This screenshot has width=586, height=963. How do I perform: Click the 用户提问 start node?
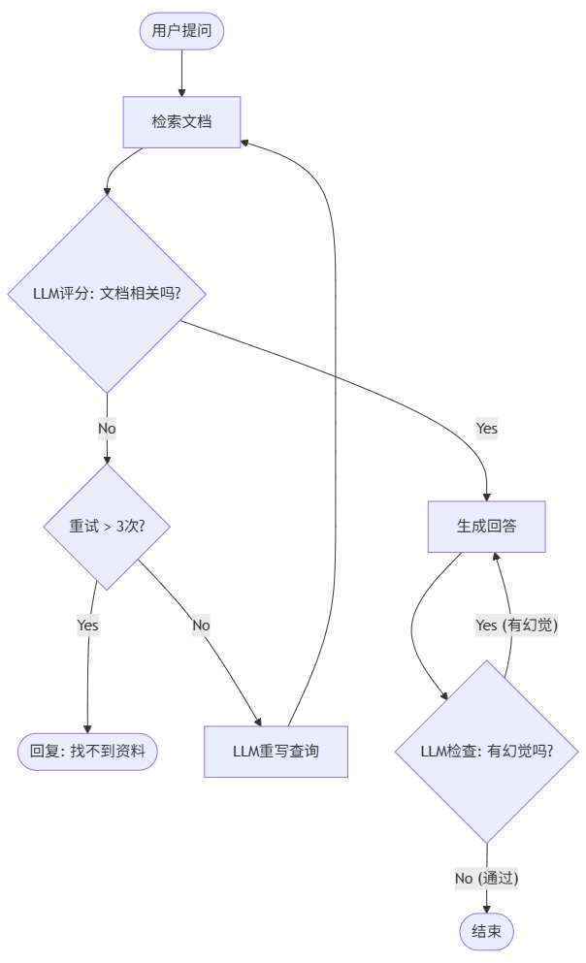[x=181, y=31]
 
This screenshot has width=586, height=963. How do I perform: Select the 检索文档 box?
[x=181, y=122]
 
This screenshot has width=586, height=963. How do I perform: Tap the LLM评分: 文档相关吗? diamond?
[x=107, y=293]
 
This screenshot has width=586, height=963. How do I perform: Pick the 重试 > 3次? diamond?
[x=107, y=527]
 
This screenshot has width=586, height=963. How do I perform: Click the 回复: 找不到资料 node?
[x=87, y=751]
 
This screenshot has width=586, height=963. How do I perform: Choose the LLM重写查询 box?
[x=276, y=752]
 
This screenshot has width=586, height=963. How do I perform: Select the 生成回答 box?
[x=487, y=527]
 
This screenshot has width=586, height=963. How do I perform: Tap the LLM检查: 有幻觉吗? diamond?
[x=487, y=751]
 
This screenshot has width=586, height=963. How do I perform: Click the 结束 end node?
[x=486, y=932]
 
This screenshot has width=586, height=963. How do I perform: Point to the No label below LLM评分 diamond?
[x=107, y=428]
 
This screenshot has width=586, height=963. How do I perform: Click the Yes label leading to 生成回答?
[x=487, y=428]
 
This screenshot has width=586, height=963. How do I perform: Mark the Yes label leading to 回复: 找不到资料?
[x=87, y=626]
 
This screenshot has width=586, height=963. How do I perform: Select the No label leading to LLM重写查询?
[x=201, y=626]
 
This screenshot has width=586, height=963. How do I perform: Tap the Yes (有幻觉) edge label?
[x=516, y=626]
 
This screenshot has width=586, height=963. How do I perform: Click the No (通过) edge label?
[x=487, y=878]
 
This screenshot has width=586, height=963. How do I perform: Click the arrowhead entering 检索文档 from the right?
[x=245, y=143]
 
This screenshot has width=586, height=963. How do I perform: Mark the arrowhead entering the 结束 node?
[x=486, y=909]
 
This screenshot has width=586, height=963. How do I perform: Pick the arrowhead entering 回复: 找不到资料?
[x=87, y=728]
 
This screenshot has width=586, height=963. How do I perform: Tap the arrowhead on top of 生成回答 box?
[x=496, y=558]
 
